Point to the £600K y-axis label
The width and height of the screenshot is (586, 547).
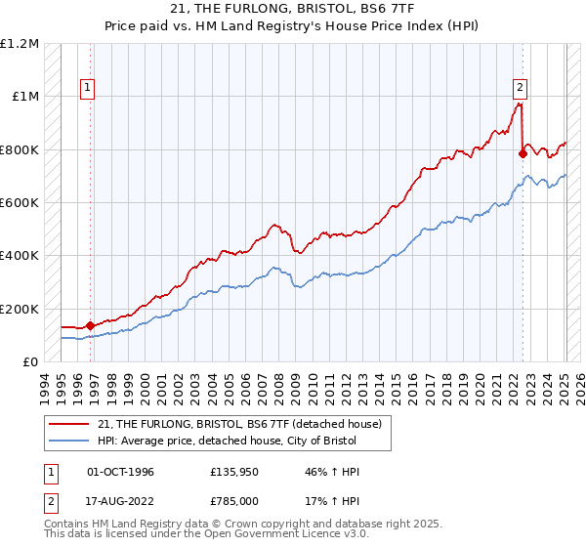click(20, 203)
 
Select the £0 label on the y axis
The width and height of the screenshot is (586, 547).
click(31, 362)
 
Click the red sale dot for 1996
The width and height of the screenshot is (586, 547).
click(90, 325)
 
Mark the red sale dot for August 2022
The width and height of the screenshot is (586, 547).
click(523, 153)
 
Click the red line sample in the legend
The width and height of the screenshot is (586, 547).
click(71, 424)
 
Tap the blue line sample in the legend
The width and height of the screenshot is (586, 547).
click(71, 441)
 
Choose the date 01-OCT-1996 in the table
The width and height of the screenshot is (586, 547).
click(120, 472)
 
